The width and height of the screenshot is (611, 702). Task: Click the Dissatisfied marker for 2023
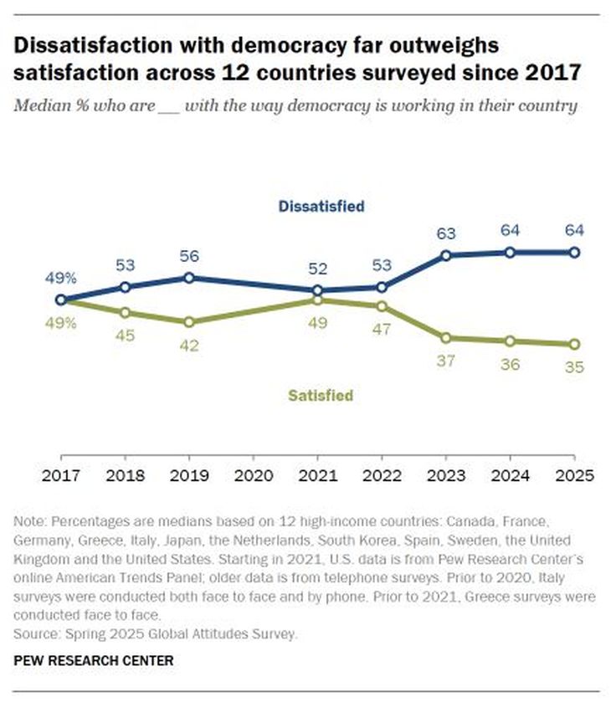(x=446, y=255)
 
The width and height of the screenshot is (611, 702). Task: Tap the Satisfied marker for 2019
(x=189, y=321)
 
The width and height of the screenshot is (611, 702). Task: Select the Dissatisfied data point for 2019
(x=189, y=277)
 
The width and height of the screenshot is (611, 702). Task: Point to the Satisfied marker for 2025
(x=574, y=344)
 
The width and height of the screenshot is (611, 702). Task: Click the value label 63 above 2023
(x=446, y=233)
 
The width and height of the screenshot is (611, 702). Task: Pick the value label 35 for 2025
(x=574, y=366)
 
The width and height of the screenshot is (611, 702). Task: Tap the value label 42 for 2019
(x=189, y=345)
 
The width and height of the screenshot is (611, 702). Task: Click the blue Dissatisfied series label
(x=322, y=205)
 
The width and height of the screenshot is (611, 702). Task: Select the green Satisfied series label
(x=321, y=396)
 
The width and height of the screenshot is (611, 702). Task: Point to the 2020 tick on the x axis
(x=254, y=476)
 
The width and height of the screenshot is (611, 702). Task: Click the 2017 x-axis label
(x=61, y=476)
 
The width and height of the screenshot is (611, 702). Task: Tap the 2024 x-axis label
(x=510, y=476)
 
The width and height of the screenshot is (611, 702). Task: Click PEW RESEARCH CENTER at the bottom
(x=94, y=660)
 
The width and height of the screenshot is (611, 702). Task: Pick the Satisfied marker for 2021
(x=317, y=300)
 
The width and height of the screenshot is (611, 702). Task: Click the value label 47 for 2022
(x=382, y=329)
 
